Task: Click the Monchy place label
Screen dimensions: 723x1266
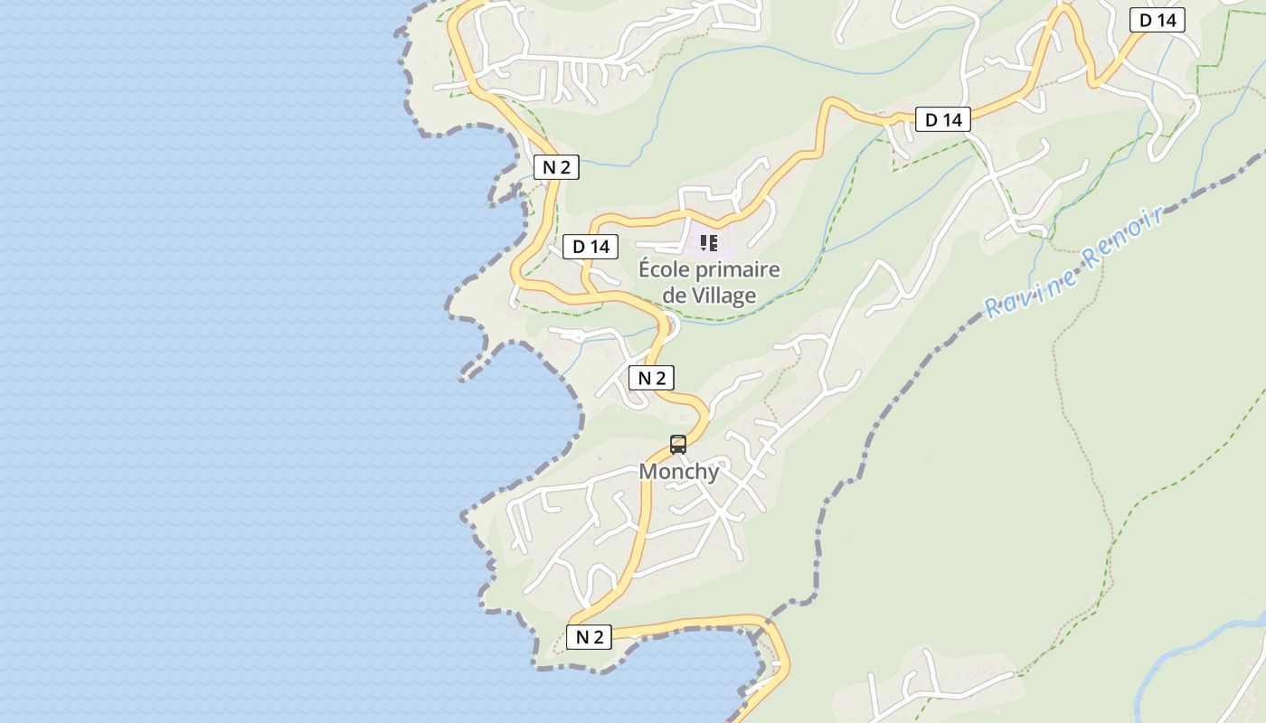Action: coord(679,472)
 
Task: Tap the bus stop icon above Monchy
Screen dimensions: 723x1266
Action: coord(678,445)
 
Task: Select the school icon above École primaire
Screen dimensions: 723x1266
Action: coord(709,243)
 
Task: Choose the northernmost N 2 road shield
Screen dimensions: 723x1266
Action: coord(556,167)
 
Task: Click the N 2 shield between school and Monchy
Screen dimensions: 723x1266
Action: coord(652,378)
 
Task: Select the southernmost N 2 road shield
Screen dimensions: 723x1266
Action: coord(590,637)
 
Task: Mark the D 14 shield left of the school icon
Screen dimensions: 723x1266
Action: coord(590,247)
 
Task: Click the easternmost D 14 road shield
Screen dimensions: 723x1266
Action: coord(1157,20)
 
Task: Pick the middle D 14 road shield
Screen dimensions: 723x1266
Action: coord(943,119)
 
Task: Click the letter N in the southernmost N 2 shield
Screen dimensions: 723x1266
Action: coord(582,637)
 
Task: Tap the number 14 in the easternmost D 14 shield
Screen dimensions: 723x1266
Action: coord(1164,20)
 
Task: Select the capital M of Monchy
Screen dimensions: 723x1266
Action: coord(648,472)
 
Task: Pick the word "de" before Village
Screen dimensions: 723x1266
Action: coord(675,296)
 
